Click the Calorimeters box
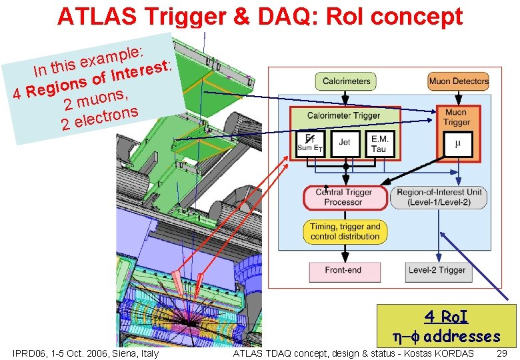(346, 81)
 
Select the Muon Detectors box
(458, 81)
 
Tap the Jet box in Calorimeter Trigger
(344, 143)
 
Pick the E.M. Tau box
(380, 143)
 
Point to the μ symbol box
(457, 143)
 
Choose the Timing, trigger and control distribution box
(345, 231)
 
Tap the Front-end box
(343, 270)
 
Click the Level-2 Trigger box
(437, 270)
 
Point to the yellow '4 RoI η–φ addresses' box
(447, 325)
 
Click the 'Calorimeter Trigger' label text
(343, 115)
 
